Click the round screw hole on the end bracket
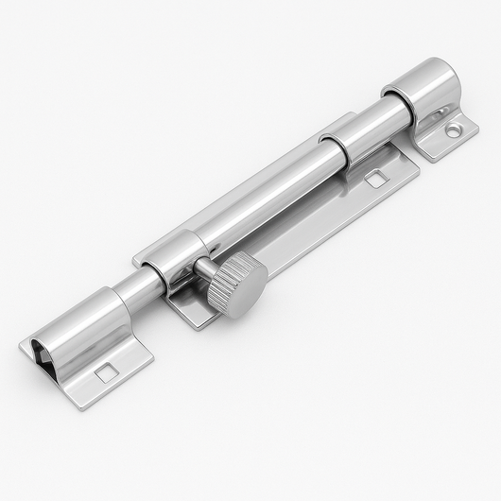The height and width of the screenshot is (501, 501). pos(452,131)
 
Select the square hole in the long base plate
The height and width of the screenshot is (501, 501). pos(375,177)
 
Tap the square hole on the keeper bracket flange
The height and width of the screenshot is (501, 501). pos(107,372)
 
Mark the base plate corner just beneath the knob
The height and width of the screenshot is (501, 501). pos(194,321)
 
